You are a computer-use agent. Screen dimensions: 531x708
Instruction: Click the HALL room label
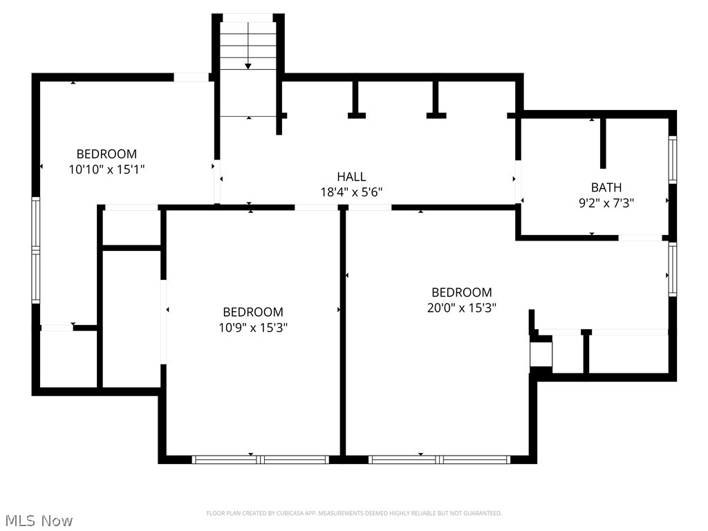[x=351, y=177]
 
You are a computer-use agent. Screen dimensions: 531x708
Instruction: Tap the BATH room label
[x=606, y=187]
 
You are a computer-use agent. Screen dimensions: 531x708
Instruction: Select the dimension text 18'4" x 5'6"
[x=351, y=193]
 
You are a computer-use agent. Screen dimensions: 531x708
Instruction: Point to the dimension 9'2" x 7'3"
[x=606, y=203]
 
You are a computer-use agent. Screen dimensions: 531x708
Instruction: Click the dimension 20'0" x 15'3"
[x=461, y=308]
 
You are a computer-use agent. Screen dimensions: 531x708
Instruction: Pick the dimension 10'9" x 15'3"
[x=252, y=328]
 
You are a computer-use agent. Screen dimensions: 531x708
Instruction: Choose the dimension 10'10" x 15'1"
[x=106, y=169]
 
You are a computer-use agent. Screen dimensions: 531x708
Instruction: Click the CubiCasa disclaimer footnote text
[x=353, y=513]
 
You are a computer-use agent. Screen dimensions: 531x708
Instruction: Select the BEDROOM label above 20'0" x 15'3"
[x=461, y=292]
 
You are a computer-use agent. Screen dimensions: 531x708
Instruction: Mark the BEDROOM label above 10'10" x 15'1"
[x=106, y=153]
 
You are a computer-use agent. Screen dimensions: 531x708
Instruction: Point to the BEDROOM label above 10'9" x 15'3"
[x=252, y=312]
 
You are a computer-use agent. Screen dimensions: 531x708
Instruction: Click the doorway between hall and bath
[x=518, y=182]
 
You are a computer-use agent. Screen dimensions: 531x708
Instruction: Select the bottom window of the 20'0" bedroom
[x=439, y=459]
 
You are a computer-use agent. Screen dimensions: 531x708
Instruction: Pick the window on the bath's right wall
[x=672, y=160]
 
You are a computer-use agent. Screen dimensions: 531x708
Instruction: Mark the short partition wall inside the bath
[x=603, y=143]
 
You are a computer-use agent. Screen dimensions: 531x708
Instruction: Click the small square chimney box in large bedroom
[x=541, y=354]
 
